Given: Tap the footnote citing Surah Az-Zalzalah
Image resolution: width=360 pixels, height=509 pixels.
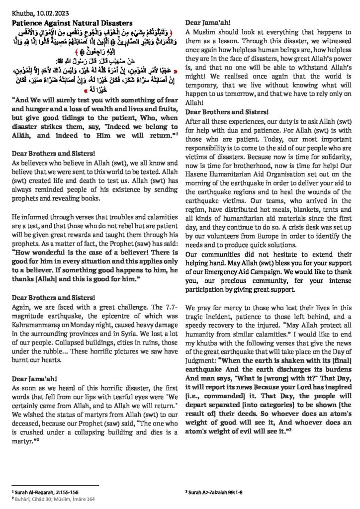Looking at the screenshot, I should [x=215, y=492].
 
